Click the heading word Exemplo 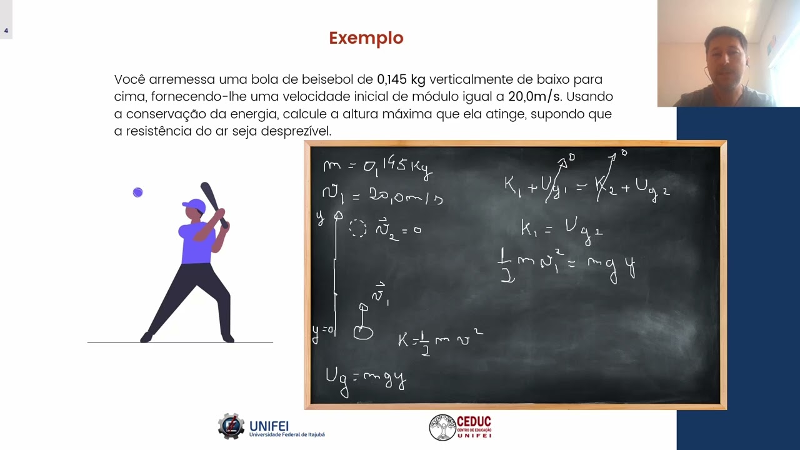coord(366,38)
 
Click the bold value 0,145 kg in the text coord(401,79)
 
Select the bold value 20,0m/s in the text coord(534,97)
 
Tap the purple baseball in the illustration coord(138,192)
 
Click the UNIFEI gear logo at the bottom coord(231,426)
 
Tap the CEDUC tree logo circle coord(442,427)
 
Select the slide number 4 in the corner coord(6,31)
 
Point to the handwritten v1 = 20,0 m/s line coord(382,196)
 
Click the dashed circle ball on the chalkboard coord(357,228)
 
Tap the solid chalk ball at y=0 coord(363,332)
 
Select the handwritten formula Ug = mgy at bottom coord(366,379)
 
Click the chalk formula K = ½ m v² coord(440,339)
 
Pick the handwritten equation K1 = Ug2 coord(561,229)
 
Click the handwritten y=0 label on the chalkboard coord(323,331)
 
